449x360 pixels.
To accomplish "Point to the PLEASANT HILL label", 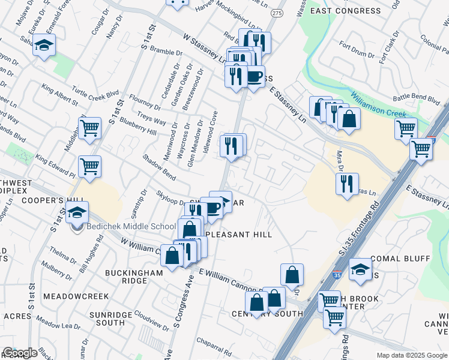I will [239, 235].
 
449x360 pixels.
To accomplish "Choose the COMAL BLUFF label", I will [400, 259].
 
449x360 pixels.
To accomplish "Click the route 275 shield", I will [277, 13].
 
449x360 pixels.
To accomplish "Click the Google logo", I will [20, 353].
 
